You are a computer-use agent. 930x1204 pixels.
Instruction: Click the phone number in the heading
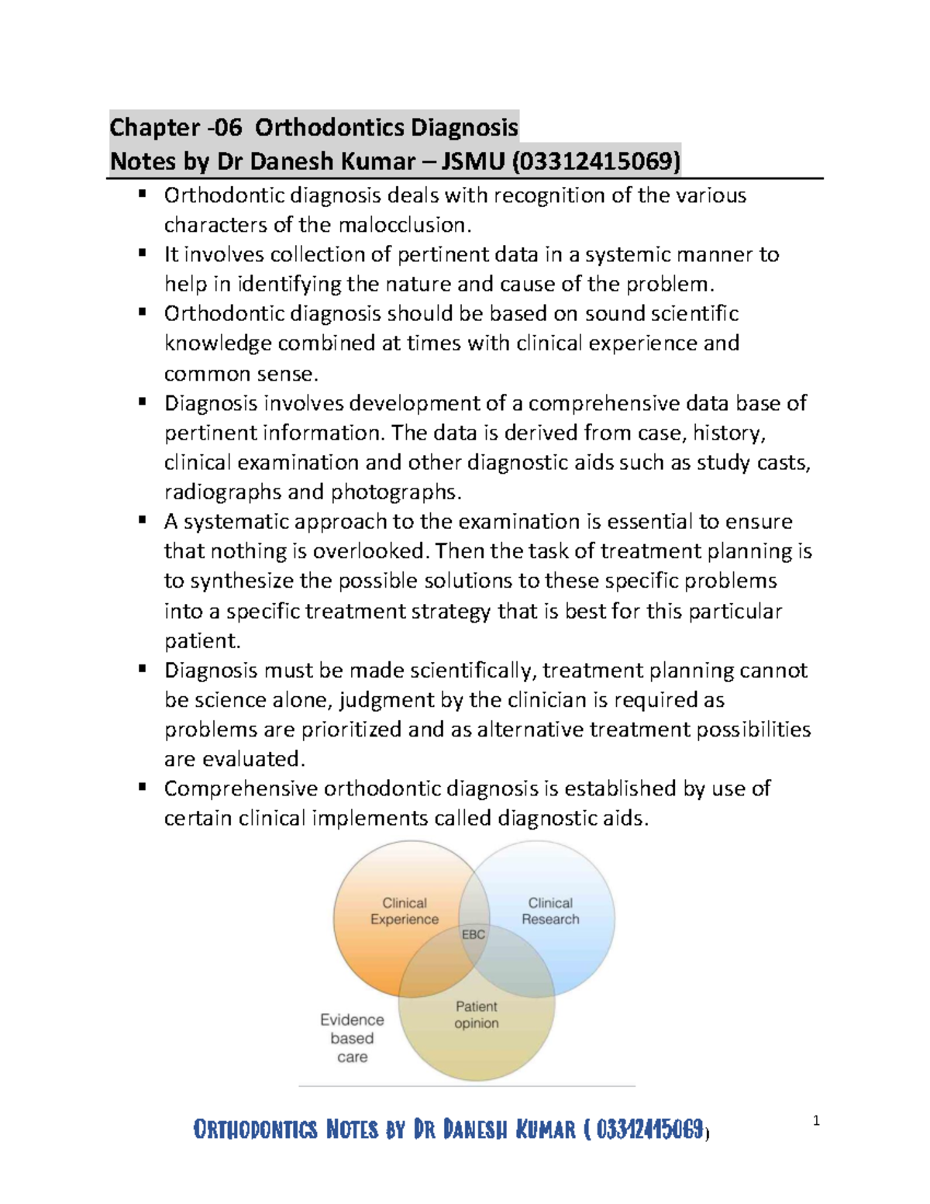[x=595, y=161]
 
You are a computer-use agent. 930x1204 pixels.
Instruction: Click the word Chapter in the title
[x=154, y=127]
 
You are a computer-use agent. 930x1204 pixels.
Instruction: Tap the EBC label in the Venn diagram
[x=474, y=934]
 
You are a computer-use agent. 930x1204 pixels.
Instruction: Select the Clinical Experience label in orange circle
[x=405, y=911]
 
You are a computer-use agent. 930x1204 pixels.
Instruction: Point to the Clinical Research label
[x=550, y=911]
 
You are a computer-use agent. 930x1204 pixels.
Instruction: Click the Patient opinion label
[x=477, y=1015]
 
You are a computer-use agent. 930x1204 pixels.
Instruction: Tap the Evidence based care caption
[x=352, y=1038]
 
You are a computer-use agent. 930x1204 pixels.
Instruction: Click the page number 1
[x=816, y=1120]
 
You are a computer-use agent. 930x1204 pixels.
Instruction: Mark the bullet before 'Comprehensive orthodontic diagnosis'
[x=142, y=787]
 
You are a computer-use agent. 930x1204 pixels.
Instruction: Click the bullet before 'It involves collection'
[x=142, y=253]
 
